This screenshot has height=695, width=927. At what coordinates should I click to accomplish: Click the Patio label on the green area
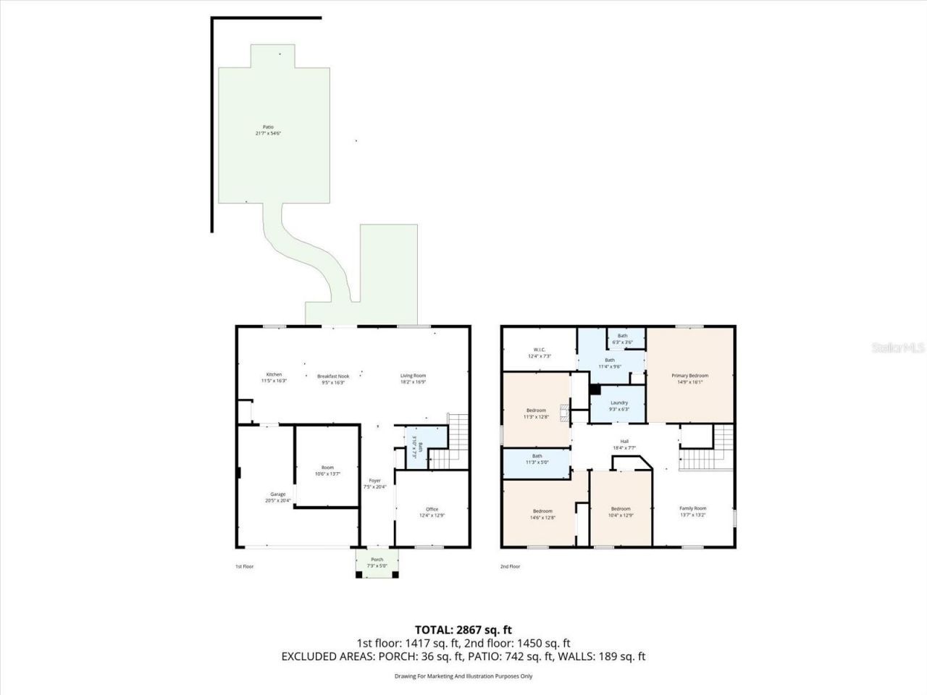point(268,127)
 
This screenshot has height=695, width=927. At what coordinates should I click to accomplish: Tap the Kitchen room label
point(273,375)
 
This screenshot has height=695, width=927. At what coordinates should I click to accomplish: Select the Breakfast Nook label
point(333,376)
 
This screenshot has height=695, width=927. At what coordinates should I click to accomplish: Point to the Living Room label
point(414,376)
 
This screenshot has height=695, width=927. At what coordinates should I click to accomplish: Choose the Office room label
point(432,509)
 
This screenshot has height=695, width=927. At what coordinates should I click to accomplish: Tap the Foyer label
point(374,481)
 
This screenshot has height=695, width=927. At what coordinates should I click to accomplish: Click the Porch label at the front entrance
point(377,560)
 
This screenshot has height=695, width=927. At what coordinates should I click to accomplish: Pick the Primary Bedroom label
point(689,376)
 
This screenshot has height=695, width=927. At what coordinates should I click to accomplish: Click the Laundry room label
point(619,403)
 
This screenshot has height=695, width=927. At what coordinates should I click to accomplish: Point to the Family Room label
point(692,508)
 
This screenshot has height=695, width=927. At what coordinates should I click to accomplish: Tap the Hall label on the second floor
point(624,442)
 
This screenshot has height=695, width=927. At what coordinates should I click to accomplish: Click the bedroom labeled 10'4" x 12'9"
point(620,508)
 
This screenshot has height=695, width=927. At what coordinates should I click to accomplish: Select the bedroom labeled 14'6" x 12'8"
point(542,511)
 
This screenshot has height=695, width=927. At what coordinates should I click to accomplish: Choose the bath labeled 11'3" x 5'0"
point(537,456)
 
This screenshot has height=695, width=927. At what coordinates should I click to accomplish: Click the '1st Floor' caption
point(245,566)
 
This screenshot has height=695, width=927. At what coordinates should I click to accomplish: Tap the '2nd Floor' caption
point(510,566)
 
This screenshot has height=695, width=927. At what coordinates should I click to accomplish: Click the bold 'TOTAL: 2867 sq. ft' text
point(463,629)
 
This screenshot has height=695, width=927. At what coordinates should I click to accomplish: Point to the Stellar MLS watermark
point(897,348)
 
